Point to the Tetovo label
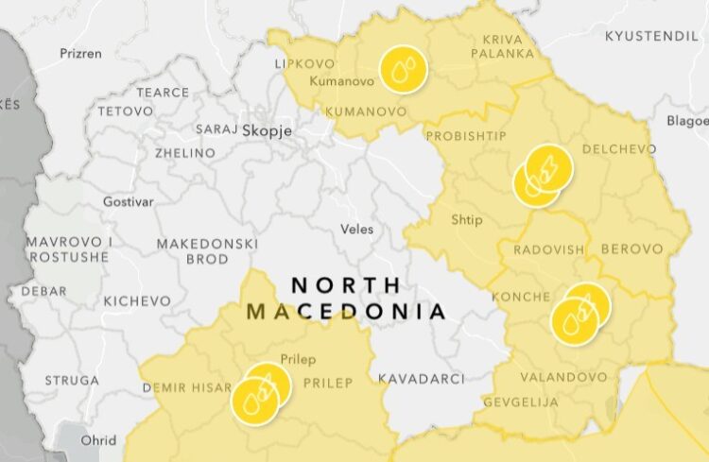click(x=125, y=111)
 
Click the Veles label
click(x=356, y=229)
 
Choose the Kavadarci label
click(x=421, y=379)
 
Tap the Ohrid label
click(x=98, y=440)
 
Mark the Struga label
click(x=71, y=380)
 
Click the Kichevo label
click(x=137, y=300)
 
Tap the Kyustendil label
click(x=651, y=36)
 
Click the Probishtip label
click(x=466, y=136)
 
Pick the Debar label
click(x=43, y=291)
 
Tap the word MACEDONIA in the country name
click(x=345, y=311)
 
